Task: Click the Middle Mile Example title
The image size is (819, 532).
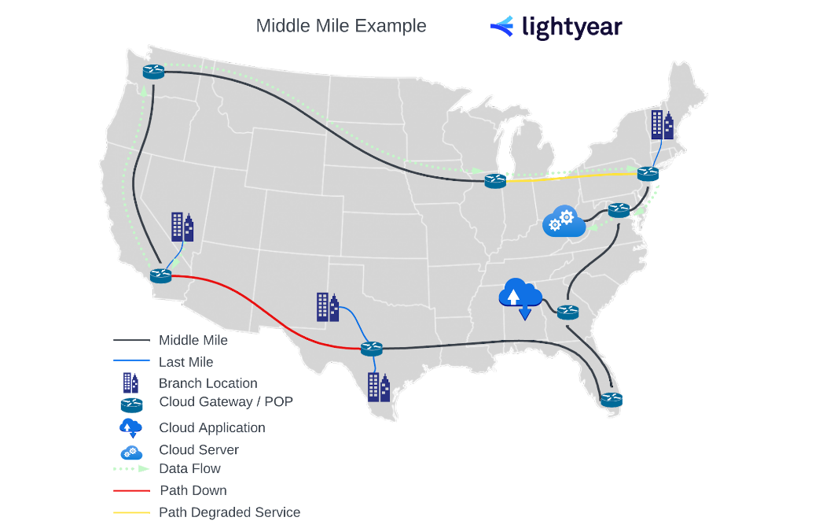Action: [341, 26]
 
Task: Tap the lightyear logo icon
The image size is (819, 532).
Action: [501, 27]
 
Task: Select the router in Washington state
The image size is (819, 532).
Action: [153, 72]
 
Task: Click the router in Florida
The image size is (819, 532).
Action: [611, 399]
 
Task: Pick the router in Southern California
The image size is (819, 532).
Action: [160, 275]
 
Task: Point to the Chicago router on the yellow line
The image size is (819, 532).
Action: [495, 180]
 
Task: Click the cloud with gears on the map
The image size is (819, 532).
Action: [564, 221]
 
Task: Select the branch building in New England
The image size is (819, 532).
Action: [662, 124]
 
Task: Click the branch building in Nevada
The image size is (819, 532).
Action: [182, 227]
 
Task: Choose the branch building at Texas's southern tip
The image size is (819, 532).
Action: [379, 386]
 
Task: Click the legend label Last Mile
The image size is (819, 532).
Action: [185, 362]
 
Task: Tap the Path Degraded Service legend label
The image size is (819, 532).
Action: [230, 512]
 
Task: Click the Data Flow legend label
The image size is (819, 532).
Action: [189, 468]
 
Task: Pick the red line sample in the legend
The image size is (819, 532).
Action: [131, 490]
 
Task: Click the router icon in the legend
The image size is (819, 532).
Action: [131, 405]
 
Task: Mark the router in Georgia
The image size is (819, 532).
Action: [567, 312]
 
